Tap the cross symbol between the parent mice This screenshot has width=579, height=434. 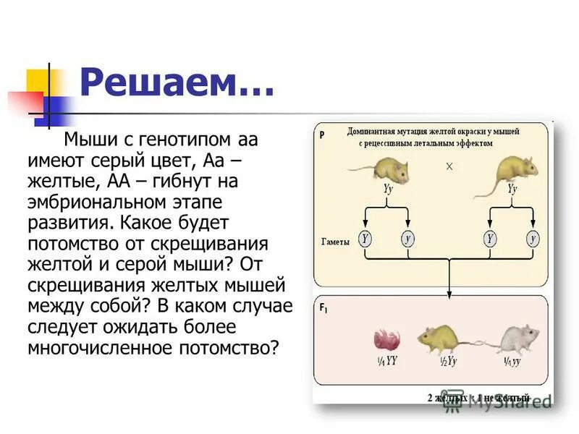449,166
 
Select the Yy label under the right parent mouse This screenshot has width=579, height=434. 512,189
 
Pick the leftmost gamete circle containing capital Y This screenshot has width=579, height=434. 365,238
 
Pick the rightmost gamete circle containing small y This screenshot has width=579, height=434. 533,238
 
